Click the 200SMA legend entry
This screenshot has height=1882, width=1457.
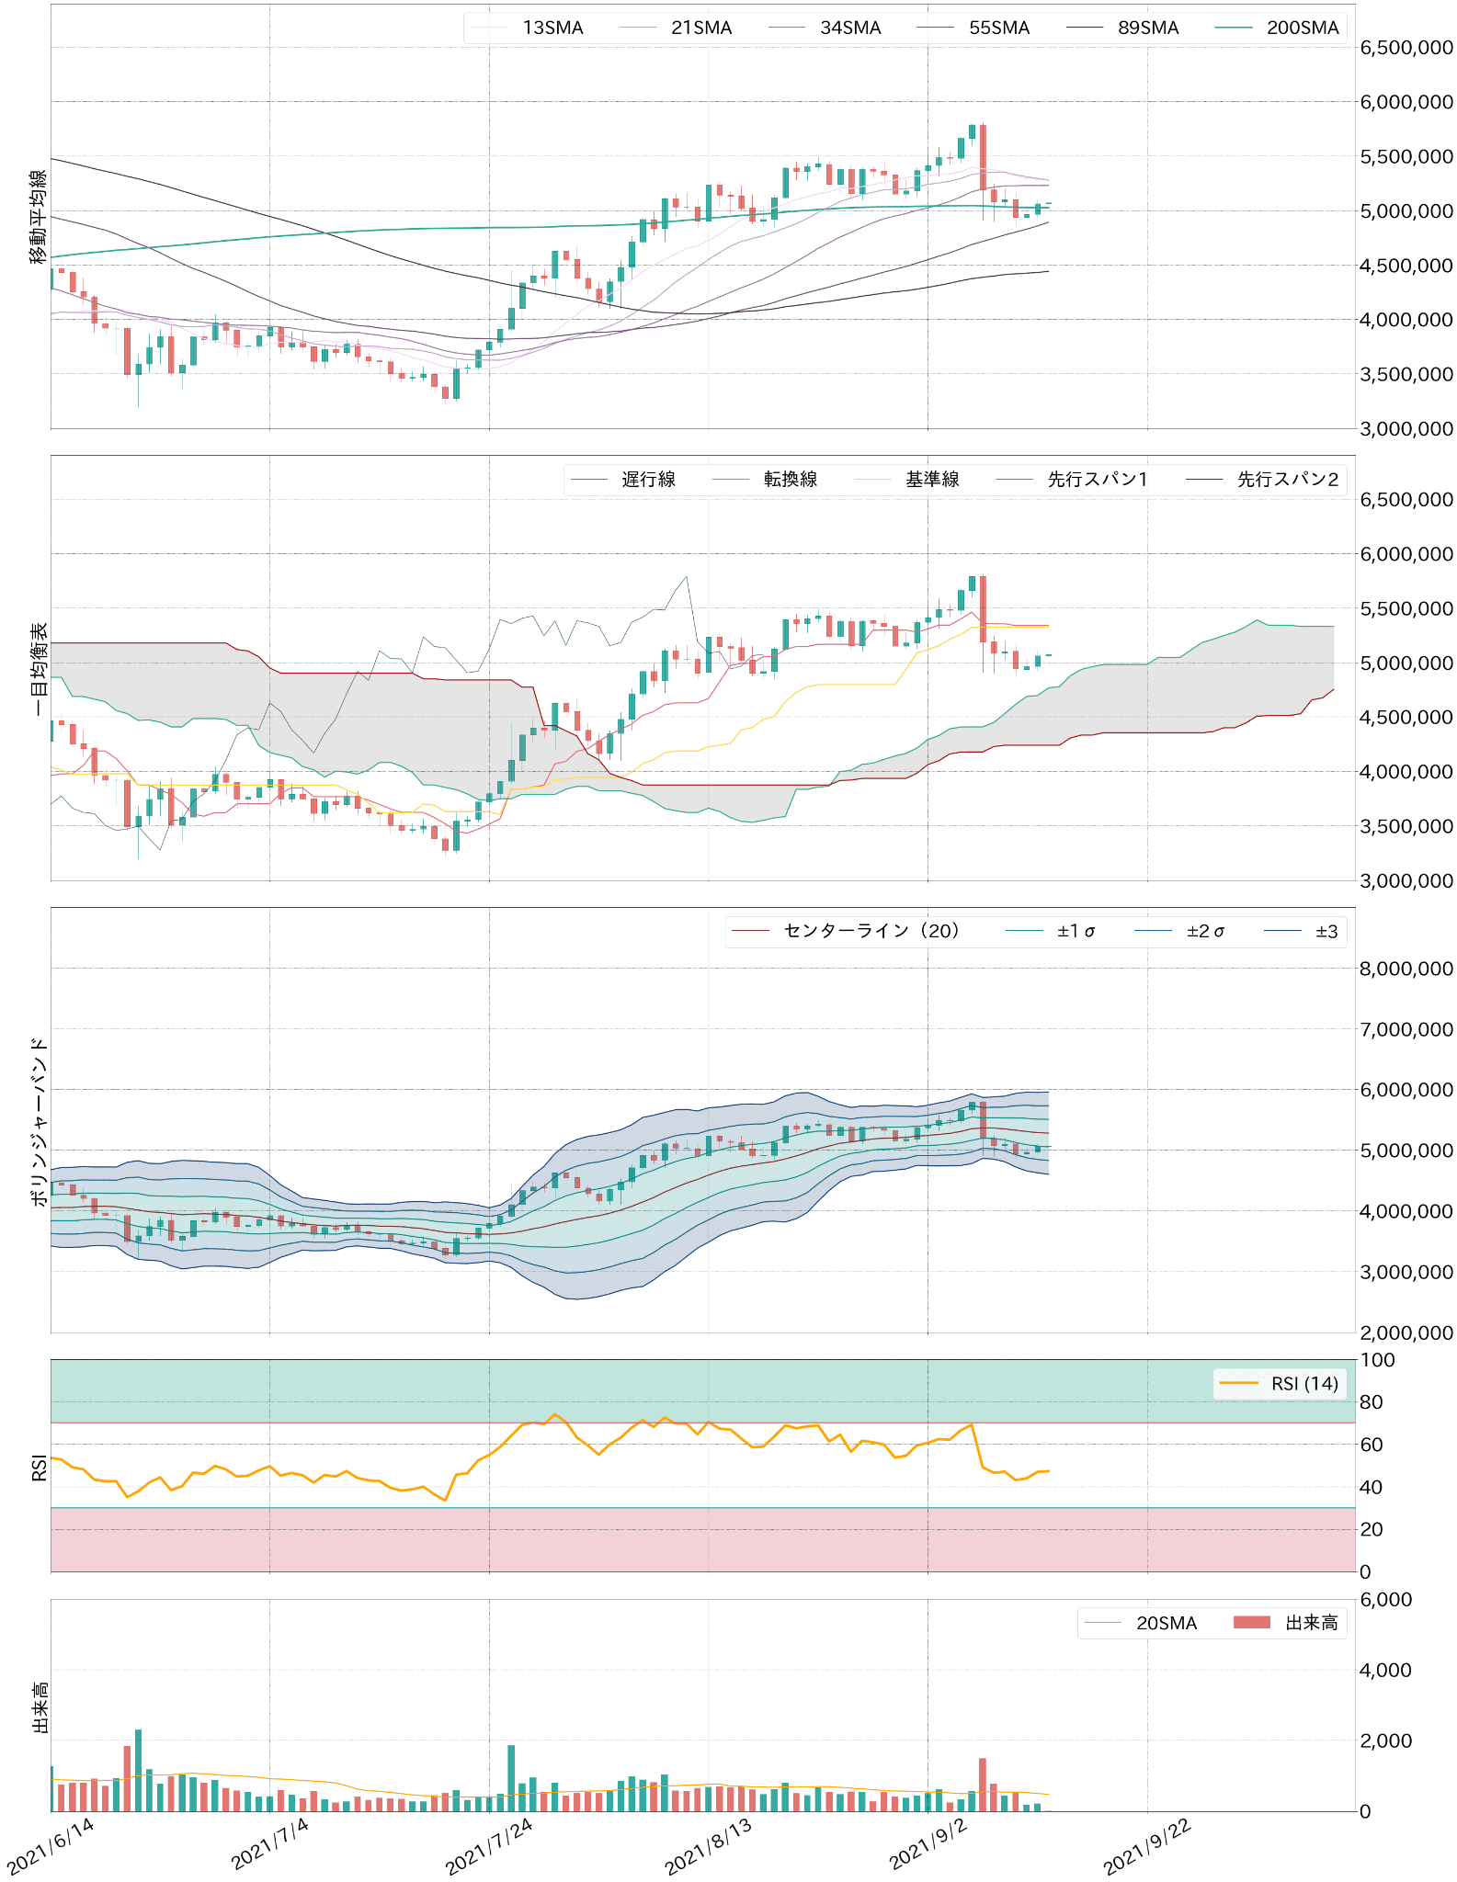coord(1302,28)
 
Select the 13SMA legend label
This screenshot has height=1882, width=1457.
coord(552,28)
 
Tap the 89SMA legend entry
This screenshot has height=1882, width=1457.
coord(1148,28)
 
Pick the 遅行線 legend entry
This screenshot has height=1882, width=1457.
coord(648,479)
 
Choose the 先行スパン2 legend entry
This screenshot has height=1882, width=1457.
coord(1287,479)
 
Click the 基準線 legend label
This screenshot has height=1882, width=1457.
coord(932,479)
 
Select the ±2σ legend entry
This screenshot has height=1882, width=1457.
coord(1205,931)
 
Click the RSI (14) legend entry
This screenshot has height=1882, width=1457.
coord(1304,1384)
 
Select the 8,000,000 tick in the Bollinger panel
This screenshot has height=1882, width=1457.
coord(1406,969)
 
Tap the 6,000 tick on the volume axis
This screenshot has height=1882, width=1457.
coord(1385,1600)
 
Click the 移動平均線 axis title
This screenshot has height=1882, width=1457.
coord(39,217)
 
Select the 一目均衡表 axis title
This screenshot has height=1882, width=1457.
coord(39,669)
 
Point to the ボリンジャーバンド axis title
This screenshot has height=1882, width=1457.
coord(39,1121)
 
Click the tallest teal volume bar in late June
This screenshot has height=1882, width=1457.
coord(138,1770)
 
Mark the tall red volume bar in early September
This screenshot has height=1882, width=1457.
coord(983,1785)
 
